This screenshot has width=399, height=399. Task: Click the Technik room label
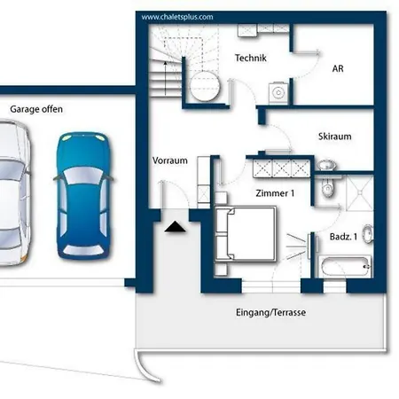(x=251, y=58)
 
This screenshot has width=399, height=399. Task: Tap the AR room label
(x=338, y=68)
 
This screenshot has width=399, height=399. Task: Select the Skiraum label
(x=335, y=137)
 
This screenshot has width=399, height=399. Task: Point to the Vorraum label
(x=170, y=160)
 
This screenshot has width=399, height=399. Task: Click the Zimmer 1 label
(x=275, y=193)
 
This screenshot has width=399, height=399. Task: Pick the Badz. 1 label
(x=343, y=237)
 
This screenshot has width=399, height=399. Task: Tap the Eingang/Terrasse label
(x=270, y=312)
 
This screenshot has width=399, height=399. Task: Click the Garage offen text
(x=36, y=109)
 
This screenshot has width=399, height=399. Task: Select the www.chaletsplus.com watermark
(x=177, y=17)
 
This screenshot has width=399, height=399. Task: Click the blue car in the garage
(x=83, y=196)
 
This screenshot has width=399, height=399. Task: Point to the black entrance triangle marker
(x=175, y=226)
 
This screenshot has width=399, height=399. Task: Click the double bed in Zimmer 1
(x=246, y=234)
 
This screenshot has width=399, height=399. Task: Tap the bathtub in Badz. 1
(x=345, y=267)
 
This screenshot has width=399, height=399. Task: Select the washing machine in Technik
(x=278, y=92)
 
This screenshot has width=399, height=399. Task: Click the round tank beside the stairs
(x=205, y=86)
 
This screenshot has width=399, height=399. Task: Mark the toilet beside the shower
(x=327, y=188)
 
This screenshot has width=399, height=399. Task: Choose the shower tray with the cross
(x=360, y=192)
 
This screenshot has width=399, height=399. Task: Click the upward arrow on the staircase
(x=165, y=78)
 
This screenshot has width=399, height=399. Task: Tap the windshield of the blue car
(x=83, y=176)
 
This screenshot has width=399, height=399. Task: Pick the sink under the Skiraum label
(x=326, y=164)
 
